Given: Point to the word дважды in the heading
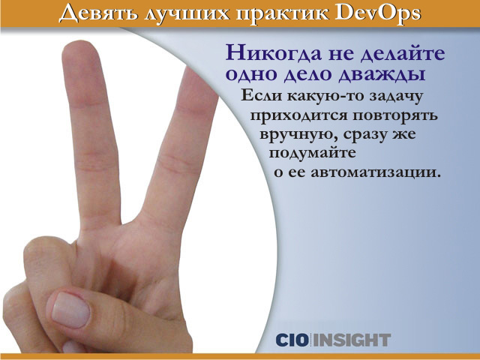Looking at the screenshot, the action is pyautogui.click(x=382, y=74).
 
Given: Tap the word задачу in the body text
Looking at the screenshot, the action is pyautogui.click(x=396, y=97).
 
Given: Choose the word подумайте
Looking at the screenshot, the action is pyautogui.click(x=313, y=154).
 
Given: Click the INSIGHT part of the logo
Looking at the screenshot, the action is pyautogui.click(x=352, y=340).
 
